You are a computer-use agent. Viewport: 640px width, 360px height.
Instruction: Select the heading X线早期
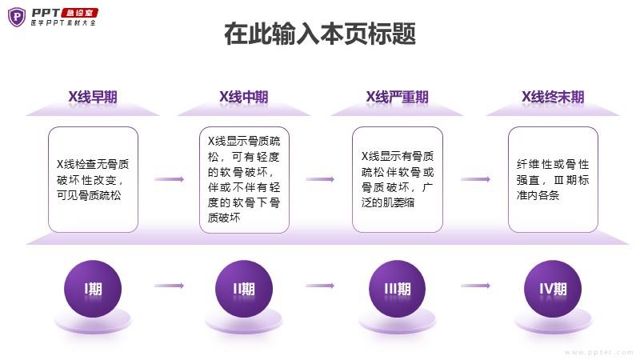pos(92,98)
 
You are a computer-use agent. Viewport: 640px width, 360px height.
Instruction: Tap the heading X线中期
pos(243,98)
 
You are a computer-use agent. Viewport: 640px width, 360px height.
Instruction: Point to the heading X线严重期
pos(397,98)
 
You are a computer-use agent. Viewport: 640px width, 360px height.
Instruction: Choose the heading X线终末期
pos(552,98)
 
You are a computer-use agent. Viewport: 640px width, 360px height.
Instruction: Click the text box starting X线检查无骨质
pos(93,179)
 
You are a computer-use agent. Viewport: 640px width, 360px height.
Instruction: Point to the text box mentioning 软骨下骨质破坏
pos(243,179)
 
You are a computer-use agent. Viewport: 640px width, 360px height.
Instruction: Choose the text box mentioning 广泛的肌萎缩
pos(397,179)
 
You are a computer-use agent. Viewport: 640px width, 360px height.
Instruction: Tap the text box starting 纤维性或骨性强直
pos(553,179)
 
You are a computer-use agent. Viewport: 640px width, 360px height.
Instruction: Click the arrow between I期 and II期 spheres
pos(169,286)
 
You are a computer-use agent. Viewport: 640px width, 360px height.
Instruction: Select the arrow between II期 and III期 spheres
pos(320,286)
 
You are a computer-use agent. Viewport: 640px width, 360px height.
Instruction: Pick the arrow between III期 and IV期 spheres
pos(475,286)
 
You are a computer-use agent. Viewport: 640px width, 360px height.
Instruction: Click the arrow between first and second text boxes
pos(169,179)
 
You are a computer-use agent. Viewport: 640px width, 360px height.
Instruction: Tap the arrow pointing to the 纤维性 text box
pos(475,179)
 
